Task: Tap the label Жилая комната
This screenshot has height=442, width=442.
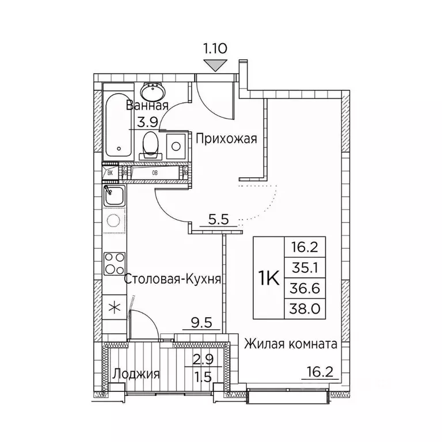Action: tap(290, 344)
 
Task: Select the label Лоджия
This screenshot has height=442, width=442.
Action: tap(136, 374)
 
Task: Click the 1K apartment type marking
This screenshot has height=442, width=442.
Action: tap(268, 279)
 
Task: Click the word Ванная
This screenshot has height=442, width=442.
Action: tap(147, 106)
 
